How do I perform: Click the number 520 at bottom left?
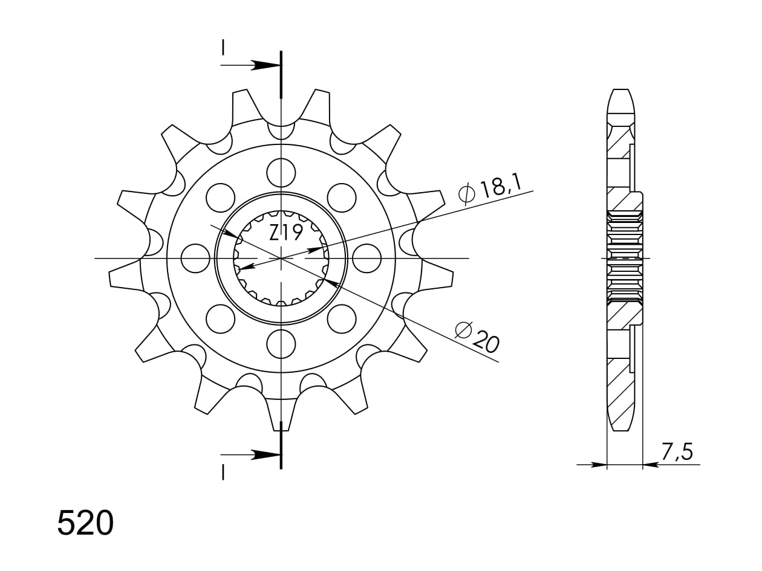point(85,523)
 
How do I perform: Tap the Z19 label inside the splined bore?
point(285,233)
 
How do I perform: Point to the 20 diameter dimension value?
point(486,342)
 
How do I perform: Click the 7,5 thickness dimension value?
point(676,452)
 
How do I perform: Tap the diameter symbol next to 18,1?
point(467,193)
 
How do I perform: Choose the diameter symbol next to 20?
point(463,330)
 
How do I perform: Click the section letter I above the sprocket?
point(223,48)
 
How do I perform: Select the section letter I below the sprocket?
point(223,472)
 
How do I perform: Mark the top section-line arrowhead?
point(265,65)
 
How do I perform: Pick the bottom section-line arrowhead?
point(265,454)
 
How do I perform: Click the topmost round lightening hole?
point(281,173)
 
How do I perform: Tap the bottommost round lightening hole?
point(281,344)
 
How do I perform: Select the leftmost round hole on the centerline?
point(196,259)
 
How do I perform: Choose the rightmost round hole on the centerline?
point(366,259)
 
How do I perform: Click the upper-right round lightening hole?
point(342,198)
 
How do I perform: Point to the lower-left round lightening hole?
point(220,319)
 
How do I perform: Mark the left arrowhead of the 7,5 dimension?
point(599,465)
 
